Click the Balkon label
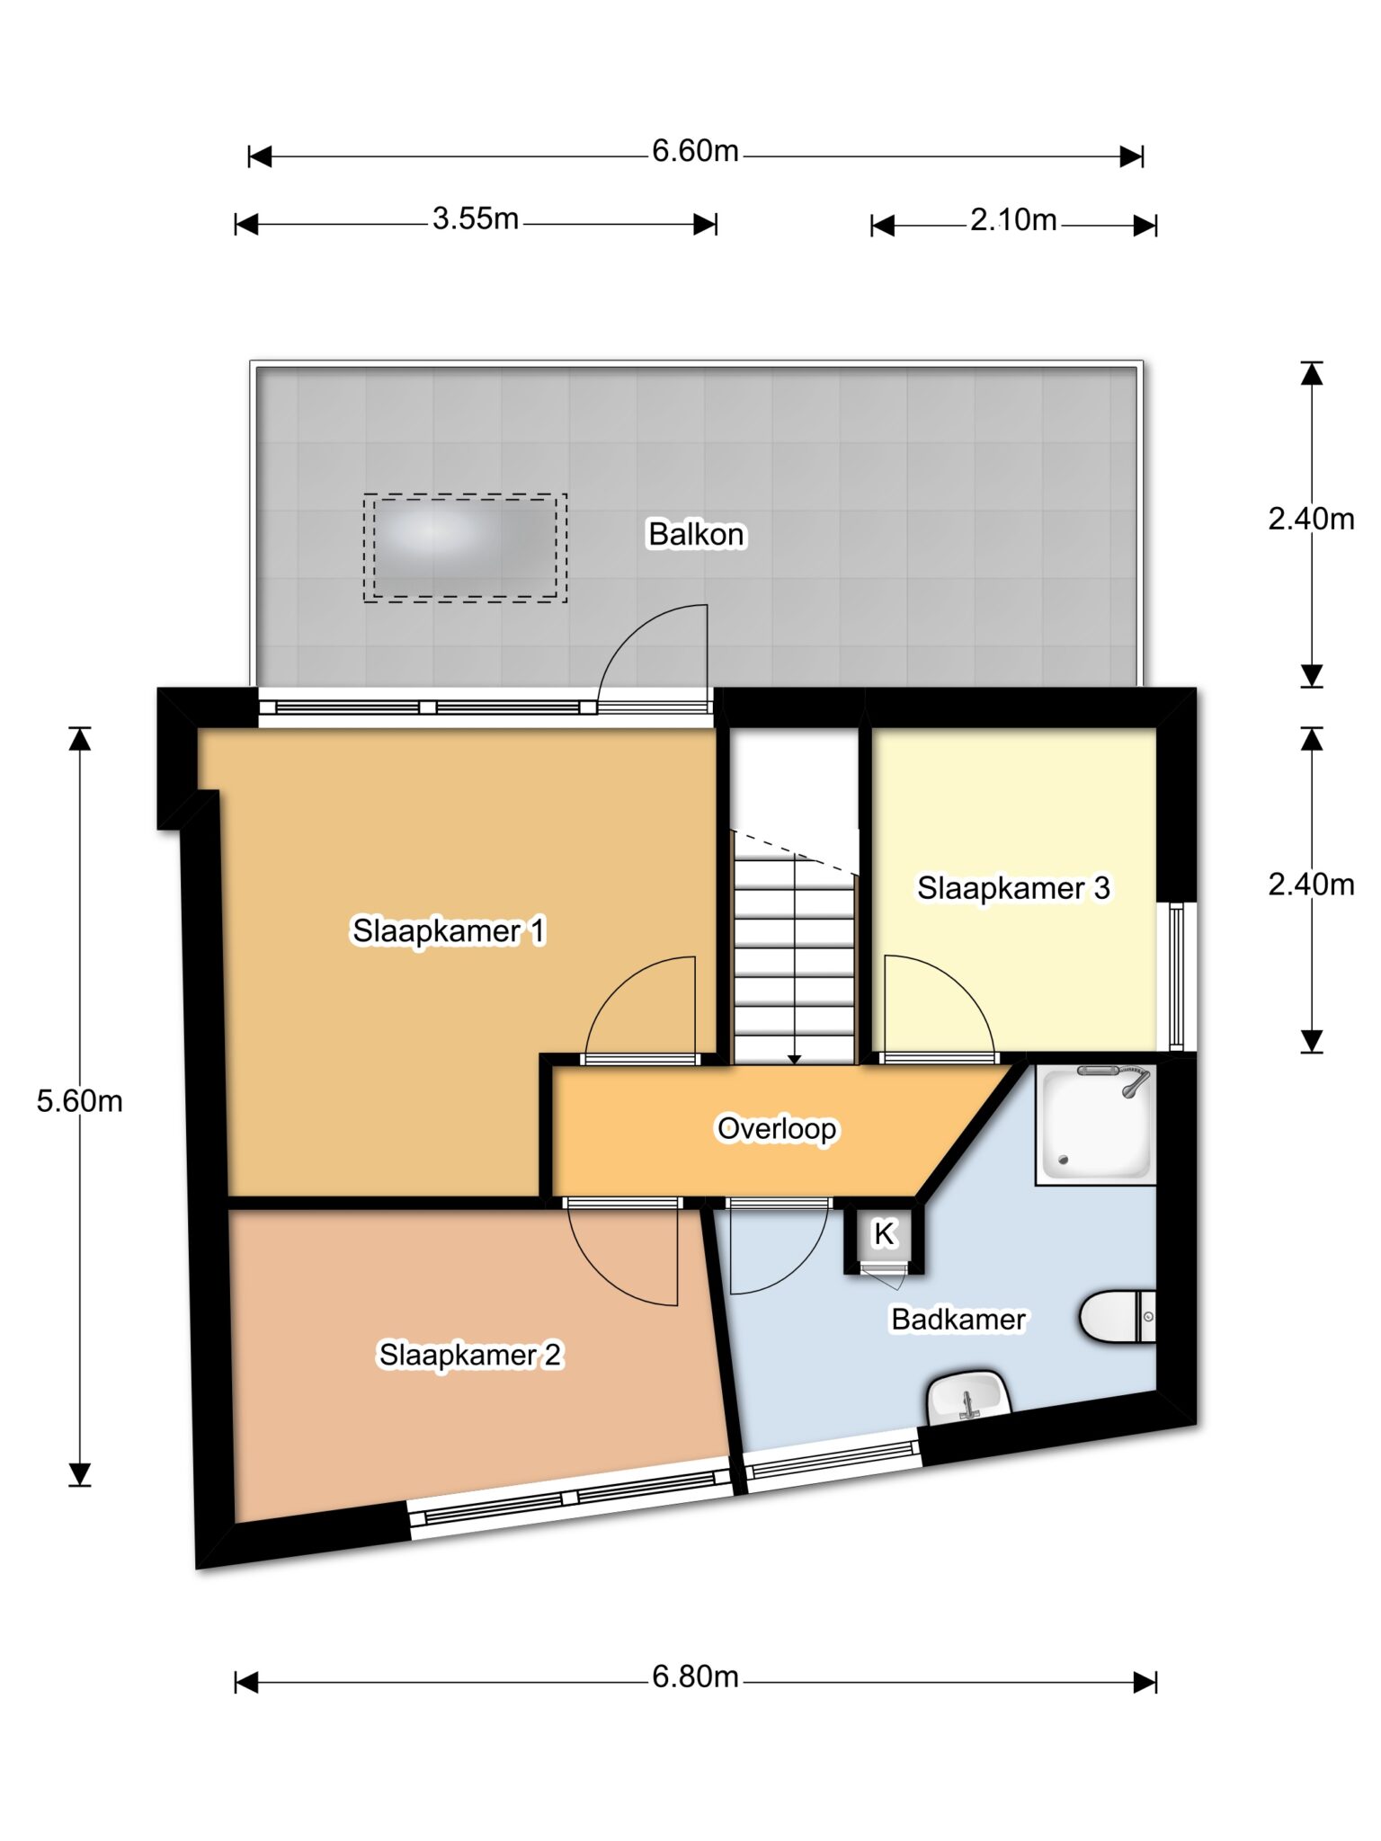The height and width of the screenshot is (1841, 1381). click(x=696, y=534)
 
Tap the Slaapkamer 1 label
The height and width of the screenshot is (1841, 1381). click(x=449, y=930)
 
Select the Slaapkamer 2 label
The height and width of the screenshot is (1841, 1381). click(x=469, y=1354)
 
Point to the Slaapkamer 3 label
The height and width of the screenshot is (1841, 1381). click(x=1013, y=888)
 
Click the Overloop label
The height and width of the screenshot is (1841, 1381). click(x=777, y=1128)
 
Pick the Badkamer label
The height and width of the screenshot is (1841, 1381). click(x=958, y=1319)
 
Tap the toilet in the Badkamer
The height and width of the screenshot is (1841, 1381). click(x=1118, y=1316)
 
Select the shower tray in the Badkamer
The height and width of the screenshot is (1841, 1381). click(x=1096, y=1124)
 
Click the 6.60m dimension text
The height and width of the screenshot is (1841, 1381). click(x=695, y=151)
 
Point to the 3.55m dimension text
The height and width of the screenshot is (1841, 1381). click(x=476, y=218)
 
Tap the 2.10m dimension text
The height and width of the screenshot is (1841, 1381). click(x=1013, y=220)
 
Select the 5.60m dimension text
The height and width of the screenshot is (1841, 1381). click(x=79, y=1101)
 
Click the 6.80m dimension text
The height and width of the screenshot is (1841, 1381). click(x=695, y=1676)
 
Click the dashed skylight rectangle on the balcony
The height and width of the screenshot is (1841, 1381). click(x=465, y=547)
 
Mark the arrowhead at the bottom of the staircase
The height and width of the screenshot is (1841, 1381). click(x=795, y=1059)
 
